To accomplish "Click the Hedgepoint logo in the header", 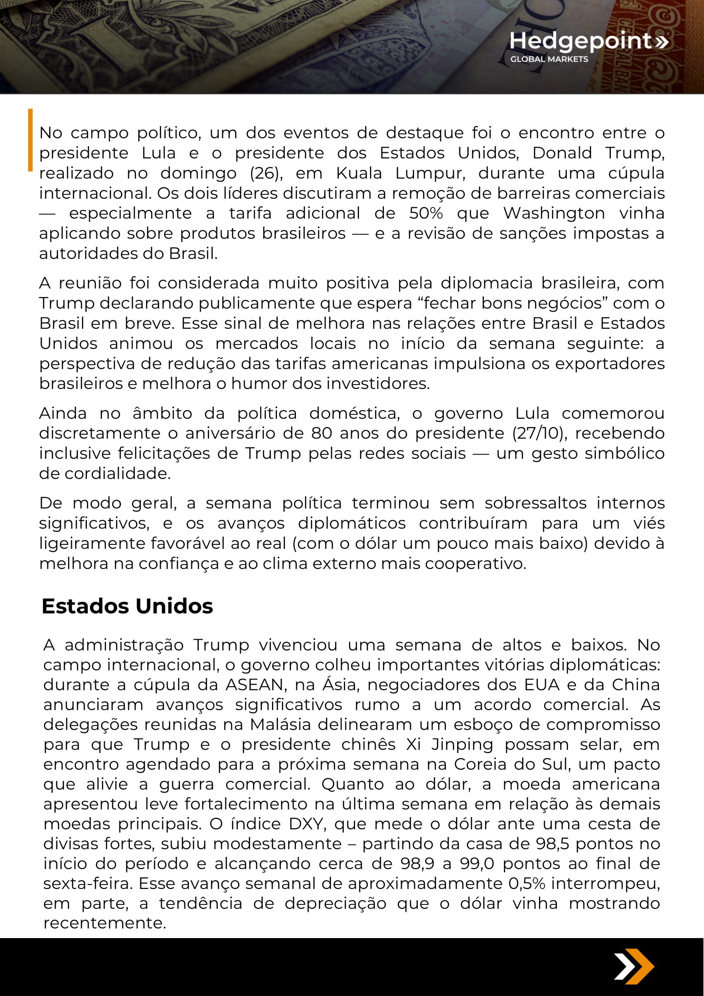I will click(x=588, y=41).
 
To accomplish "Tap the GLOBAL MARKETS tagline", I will click(x=549, y=59).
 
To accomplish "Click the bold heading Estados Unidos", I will click(x=127, y=606).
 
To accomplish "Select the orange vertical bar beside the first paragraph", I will click(x=30, y=140).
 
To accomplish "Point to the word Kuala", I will click(x=359, y=173).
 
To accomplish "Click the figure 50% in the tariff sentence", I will click(x=426, y=213).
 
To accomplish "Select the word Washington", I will click(x=554, y=213).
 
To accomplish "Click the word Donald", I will click(x=562, y=153).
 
